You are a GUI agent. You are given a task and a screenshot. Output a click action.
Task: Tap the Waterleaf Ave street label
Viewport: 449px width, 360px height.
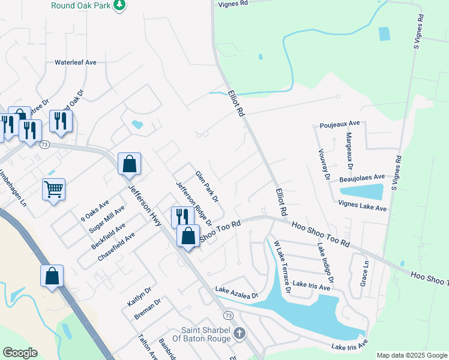click(x=76, y=62)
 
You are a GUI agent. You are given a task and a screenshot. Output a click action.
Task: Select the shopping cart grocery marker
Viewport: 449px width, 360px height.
click(x=53, y=190)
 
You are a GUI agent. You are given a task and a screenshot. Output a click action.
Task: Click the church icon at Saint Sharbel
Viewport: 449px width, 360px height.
click(x=239, y=333)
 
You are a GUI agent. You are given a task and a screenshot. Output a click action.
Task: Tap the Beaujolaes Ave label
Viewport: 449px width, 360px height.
click(x=362, y=177)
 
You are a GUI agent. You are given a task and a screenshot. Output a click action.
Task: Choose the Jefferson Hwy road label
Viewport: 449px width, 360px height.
click(x=143, y=205)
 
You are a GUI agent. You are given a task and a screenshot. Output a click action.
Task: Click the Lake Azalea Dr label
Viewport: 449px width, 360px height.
click(x=236, y=293)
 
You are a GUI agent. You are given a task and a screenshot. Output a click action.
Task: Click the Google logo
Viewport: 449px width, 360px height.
click(x=20, y=353)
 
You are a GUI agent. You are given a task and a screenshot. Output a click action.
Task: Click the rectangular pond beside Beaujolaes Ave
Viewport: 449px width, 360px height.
click(x=362, y=191)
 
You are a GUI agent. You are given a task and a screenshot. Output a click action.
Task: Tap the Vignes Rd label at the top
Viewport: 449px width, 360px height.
click(x=234, y=3)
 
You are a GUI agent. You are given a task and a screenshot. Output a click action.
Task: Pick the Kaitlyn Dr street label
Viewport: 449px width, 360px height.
click(x=137, y=293)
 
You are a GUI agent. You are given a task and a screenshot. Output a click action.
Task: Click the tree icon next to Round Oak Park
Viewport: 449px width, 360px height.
click(x=120, y=5)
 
